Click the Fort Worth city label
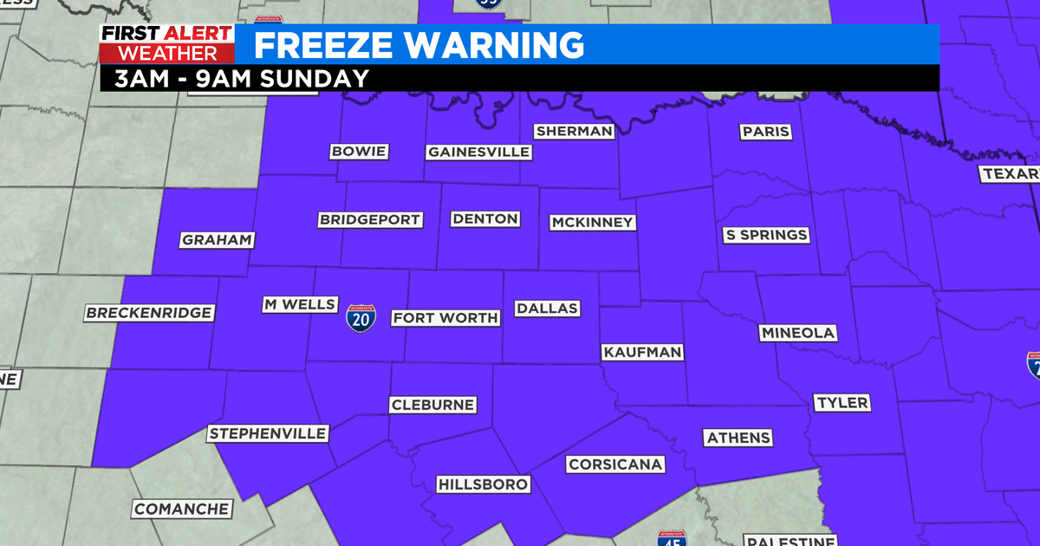coord(445,318)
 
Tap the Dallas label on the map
coord(546,309)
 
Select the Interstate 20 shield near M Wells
coord(361,319)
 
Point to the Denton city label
coord(485,219)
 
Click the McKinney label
coord(593,223)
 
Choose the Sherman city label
coord(574,132)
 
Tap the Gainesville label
coord(478,152)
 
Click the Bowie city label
coord(359,152)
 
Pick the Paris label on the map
coord(765,132)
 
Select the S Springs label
coord(766,235)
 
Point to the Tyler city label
coord(842,403)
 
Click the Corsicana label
coord(615,465)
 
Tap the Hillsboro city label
coord(483,484)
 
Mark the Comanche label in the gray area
coord(182,509)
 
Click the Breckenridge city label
coord(148,313)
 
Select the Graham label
coord(217,240)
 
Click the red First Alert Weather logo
coord(166,44)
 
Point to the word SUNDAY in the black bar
coord(319,78)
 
